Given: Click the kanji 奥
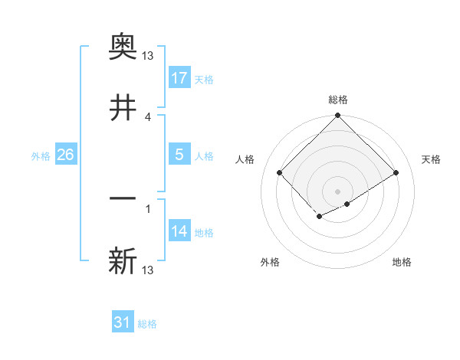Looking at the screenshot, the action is (123, 47).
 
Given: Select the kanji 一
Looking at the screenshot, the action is (123, 198).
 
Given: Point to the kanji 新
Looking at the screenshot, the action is (123, 260).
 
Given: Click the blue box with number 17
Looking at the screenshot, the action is (179, 78).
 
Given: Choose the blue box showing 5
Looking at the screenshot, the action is (179, 155).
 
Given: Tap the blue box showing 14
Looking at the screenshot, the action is (179, 231).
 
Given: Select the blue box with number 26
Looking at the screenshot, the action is (65, 155).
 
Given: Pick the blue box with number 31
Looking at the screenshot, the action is (123, 322).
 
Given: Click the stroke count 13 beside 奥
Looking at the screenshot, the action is (148, 56).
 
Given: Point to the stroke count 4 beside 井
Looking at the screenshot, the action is (148, 116).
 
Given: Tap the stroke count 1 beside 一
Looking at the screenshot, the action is (148, 208).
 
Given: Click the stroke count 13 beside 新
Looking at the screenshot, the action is (148, 270).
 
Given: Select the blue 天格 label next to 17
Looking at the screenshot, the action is (204, 79).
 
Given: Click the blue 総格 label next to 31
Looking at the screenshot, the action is (147, 324).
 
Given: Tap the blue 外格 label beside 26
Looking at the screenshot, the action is (41, 155).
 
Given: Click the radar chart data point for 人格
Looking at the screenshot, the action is (280, 172).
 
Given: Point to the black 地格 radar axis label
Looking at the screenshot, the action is (402, 263).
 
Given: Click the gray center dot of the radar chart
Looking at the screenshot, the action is (337, 191).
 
